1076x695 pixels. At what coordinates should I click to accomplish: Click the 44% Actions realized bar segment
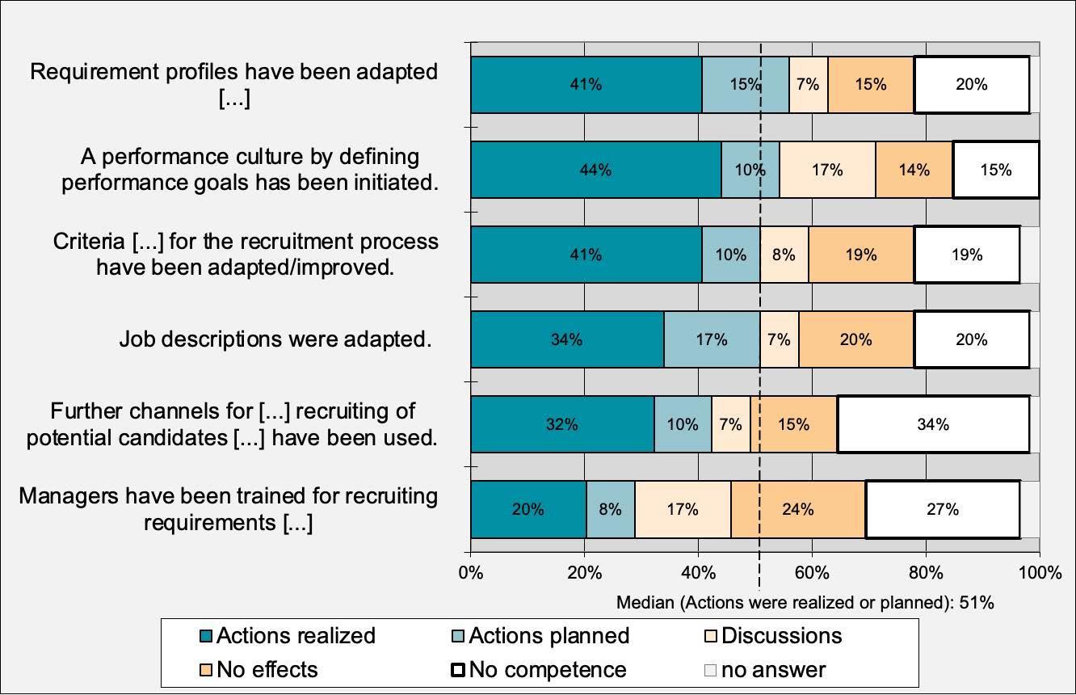(595, 170)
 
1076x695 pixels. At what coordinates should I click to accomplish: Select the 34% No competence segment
(933, 424)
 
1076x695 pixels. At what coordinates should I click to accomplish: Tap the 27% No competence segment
(942, 509)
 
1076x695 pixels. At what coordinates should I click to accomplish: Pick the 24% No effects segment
(797, 509)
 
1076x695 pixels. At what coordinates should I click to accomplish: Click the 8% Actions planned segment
(610, 509)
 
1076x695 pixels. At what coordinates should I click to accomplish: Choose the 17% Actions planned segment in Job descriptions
(711, 339)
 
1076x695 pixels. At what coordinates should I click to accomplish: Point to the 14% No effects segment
(914, 170)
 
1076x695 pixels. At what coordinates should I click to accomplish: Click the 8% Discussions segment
(784, 255)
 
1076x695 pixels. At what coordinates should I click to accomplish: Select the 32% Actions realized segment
(561, 424)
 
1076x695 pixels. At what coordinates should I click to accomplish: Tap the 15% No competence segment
(995, 170)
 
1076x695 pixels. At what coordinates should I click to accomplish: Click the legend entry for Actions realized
(287, 636)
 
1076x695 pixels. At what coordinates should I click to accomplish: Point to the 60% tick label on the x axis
(812, 573)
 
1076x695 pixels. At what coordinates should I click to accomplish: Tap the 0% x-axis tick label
(471, 573)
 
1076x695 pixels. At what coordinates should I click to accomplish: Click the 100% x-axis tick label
(1040, 573)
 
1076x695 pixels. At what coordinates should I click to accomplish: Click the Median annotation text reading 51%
(805, 603)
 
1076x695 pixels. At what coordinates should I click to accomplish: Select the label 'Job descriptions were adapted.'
(275, 339)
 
